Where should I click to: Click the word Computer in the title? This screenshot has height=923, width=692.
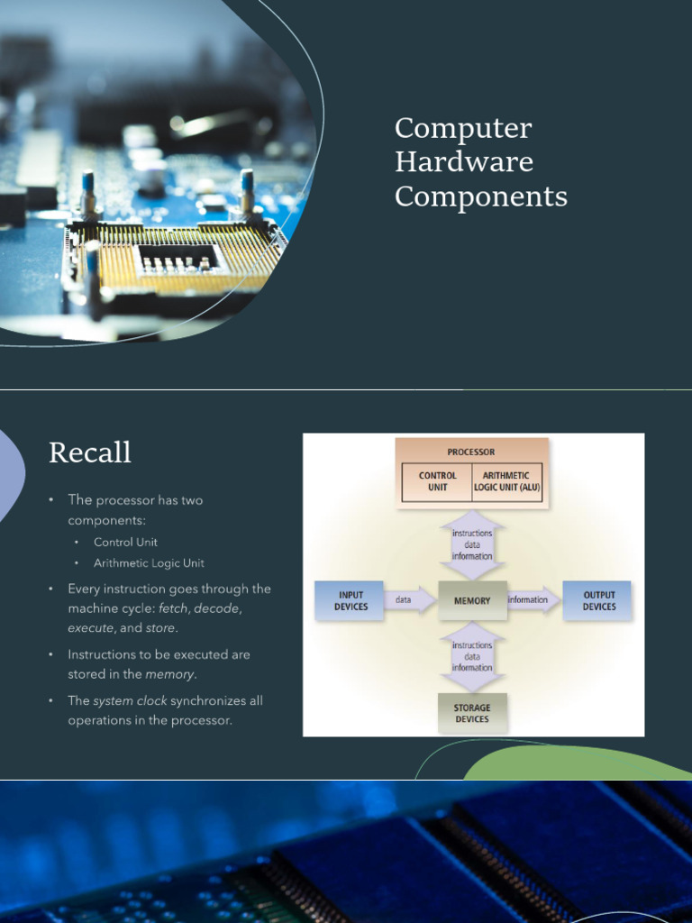click(x=463, y=129)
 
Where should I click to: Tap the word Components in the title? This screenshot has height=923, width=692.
click(x=481, y=196)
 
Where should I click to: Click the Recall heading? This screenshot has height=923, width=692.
click(x=90, y=452)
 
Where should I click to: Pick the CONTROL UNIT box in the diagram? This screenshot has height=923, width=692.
click(x=437, y=481)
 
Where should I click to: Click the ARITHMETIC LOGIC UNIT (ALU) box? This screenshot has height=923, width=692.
click(x=507, y=481)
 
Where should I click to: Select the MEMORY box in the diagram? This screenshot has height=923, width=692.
click(x=472, y=600)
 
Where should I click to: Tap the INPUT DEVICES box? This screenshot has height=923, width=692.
click(x=350, y=601)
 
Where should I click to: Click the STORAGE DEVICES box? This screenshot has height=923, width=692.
click(x=472, y=714)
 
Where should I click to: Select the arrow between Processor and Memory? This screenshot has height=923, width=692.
click(x=472, y=544)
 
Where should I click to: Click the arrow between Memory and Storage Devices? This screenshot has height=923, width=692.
click(x=472, y=657)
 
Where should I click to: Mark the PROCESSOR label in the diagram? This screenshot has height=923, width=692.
click(x=471, y=452)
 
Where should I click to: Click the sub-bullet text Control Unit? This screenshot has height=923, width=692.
click(x=125, y=542)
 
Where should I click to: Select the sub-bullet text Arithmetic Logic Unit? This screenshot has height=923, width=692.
click(x=149, y=563)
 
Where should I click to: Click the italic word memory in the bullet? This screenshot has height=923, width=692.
click(x=169, y=674)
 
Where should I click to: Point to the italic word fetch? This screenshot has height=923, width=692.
click(x=174, y=609)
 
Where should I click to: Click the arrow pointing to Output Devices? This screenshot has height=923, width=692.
click(x=533, y=600)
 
